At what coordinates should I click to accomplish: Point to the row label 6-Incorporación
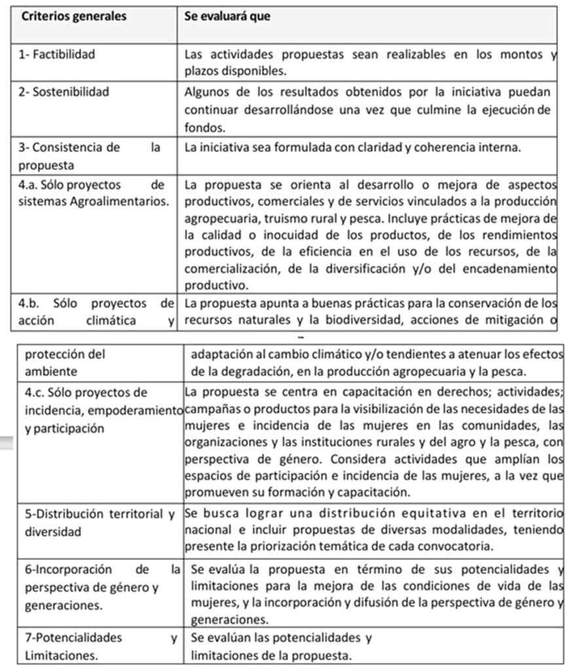[x=67, y=569]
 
